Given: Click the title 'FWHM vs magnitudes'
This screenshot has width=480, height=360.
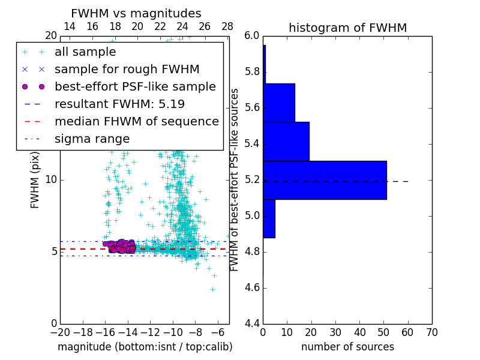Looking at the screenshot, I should coord(136,14).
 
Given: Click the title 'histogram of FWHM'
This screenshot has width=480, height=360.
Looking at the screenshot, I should coord(347,28).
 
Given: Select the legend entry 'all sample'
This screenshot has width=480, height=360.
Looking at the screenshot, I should coord(85,52).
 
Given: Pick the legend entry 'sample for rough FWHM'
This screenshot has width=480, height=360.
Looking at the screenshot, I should coord(127,70).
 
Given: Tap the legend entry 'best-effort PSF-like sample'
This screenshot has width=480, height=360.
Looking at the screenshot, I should coord(135,87).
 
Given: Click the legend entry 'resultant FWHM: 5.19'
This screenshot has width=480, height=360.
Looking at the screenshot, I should coord(119,104).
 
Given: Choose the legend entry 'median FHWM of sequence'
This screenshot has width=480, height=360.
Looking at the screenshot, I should coord(136,122).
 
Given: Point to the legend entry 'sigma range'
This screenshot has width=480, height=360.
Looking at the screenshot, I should coord(92,139).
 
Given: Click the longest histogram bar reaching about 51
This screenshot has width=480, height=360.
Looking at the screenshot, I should coord(325,180).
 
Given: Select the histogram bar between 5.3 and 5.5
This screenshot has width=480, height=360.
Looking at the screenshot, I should coord(286,142).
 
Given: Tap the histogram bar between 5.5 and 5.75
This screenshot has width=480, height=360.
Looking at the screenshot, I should coord(279,103).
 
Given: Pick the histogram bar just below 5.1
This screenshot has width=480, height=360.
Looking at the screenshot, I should coord(269,218).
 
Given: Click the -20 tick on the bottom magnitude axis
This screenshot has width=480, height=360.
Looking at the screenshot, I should coord(60,332).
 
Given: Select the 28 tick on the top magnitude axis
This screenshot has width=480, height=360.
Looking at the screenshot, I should coord(227,26).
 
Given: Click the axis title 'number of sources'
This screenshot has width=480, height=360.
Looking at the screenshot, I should coord(347,347).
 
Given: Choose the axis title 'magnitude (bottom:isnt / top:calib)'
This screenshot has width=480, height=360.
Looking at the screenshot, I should coord(145,347).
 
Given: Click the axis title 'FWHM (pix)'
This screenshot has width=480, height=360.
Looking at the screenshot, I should coord(35,180).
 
